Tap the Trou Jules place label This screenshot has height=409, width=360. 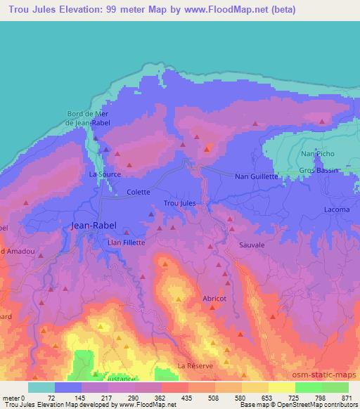tap(179, 203)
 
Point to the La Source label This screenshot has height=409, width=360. tap(105, 174)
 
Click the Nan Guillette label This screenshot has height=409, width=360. tap(257, 177)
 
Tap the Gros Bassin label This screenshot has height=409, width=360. tap(319, 171)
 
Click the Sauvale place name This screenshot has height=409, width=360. tap(252, 245)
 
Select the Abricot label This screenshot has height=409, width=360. tap(214, 298)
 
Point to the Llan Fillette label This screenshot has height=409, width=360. tap(127, 242)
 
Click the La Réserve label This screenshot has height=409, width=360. tap(195, 366)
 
